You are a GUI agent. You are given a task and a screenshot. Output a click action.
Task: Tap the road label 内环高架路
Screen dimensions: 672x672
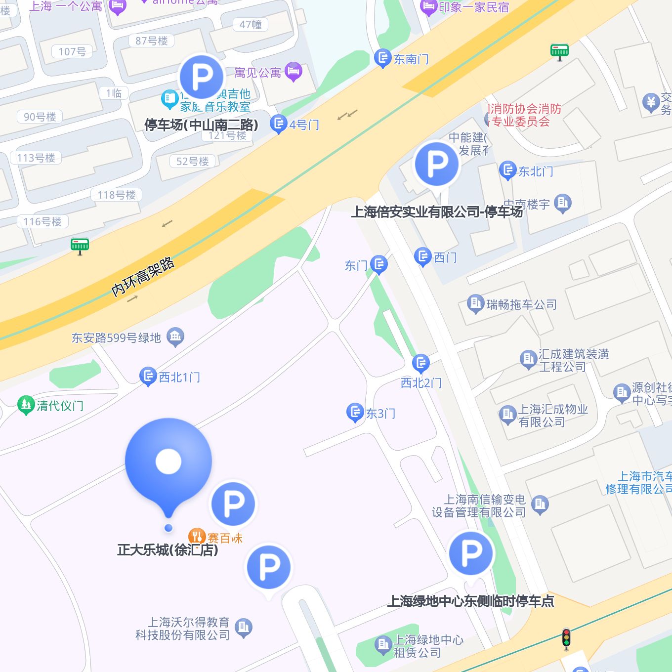[143, 277]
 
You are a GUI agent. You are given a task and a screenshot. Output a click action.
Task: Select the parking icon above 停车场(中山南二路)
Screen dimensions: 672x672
[201, 77]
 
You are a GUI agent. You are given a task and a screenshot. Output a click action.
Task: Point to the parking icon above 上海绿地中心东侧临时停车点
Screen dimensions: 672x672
[471, 553]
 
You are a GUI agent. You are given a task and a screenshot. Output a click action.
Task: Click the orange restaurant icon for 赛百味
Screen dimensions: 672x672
[197, 537]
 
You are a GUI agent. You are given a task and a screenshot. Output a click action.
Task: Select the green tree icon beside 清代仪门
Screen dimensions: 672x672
[25, 405]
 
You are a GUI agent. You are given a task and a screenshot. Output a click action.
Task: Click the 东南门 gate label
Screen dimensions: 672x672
[411, 59]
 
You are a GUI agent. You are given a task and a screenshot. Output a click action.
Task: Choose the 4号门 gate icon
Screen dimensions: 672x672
[279, 124]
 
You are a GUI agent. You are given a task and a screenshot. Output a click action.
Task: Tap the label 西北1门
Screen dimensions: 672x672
[179, 378]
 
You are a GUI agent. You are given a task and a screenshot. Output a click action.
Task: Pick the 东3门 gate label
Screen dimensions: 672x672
[380, 414]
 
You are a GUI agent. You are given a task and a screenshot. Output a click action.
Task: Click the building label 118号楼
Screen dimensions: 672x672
[117, 195]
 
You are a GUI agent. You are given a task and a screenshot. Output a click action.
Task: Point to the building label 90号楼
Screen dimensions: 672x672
[40, 117]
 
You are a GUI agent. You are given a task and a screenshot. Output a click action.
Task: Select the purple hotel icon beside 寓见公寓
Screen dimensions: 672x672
[294, 72]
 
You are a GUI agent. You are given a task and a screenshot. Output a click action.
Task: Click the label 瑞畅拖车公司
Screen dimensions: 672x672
[521, 304]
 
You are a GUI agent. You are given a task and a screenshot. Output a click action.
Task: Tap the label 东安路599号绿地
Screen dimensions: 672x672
[117, 338]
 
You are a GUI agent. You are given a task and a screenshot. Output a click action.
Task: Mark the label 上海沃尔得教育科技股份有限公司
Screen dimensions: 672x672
[183, 629]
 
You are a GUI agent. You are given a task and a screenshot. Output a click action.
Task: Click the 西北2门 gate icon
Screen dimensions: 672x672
[420, 364]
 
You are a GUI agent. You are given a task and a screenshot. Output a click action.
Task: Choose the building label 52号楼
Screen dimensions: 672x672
[193, 162]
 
